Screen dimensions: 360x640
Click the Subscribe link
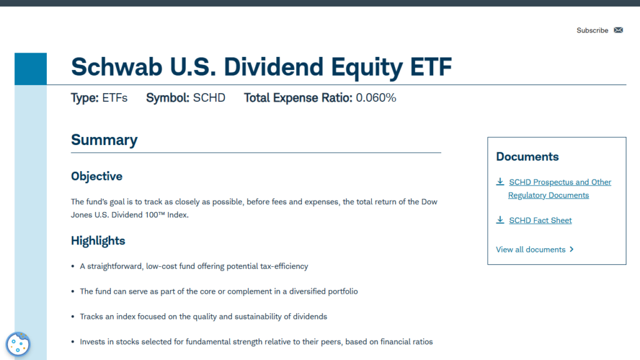tap(592, 30)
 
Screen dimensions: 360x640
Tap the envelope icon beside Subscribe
tap(619, 30)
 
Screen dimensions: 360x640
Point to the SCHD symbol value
tap(209, 97)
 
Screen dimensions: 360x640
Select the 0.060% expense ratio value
tap(376, 97)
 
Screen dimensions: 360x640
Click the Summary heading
tap(104, 139)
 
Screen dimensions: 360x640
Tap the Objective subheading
tap(96, 176)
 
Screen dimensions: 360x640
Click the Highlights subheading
tap(97, 241)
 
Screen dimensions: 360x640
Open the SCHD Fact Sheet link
tap(540, 220)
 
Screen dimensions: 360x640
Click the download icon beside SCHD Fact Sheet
tap(500, 220)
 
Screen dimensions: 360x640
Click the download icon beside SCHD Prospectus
tap(500, 182)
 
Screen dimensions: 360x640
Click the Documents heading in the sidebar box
tap(527, 156)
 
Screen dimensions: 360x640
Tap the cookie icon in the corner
tap(18, 344)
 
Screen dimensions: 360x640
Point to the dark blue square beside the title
tap(31, 69)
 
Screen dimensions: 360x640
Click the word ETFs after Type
tap(114, 97)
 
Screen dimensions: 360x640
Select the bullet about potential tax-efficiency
tap(194, 266)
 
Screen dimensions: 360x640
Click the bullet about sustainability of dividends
tap(203, 316)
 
